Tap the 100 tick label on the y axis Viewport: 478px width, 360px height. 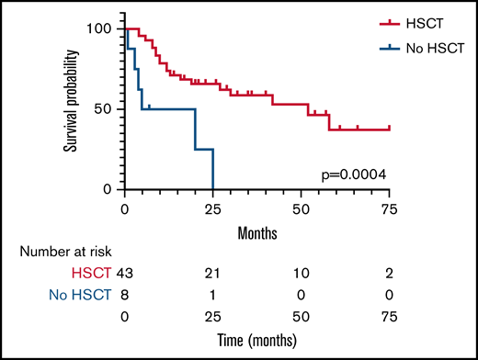(x=103, y=29)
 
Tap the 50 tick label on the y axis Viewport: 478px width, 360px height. (x=108, y=109)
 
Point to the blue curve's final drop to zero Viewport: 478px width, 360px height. (x=213, y=170)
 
